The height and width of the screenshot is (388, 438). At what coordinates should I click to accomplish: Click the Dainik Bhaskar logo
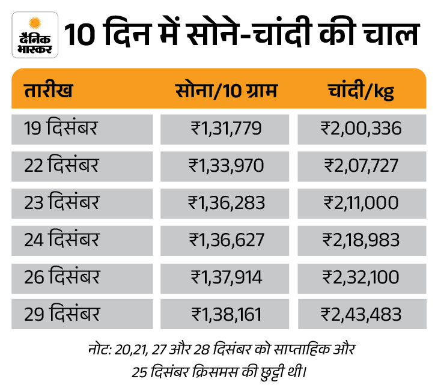[x=35, y=35]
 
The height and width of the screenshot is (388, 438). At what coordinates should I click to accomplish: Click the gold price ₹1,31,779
[x=227, y=128]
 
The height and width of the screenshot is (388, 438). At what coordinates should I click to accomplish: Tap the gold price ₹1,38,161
[x=227, y=314]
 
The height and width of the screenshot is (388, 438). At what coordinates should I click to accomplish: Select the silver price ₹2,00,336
[x=362, y=128]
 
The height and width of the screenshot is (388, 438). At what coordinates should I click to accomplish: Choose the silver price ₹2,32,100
[x=362, y=277]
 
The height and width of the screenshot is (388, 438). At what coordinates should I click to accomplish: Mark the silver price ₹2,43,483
[x=362, y=314]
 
